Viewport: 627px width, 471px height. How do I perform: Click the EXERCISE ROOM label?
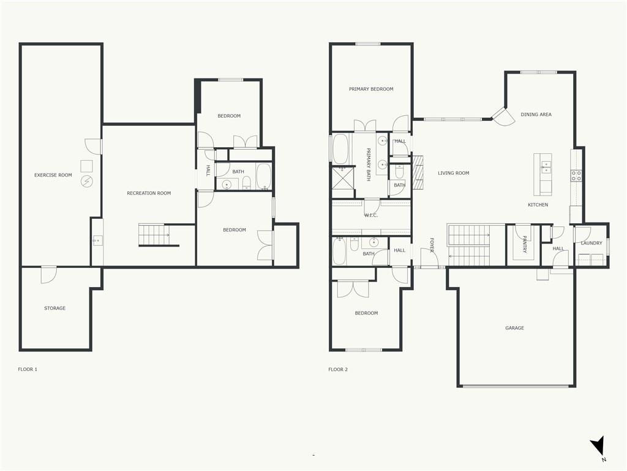tap(53, 175)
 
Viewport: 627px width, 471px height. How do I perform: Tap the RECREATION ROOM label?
tap(149, 193)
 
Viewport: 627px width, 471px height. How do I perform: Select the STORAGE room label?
tap(54, 308)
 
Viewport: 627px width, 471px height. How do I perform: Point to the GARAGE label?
tap(514, 327)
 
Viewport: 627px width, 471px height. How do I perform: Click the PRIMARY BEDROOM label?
tap(371, 89)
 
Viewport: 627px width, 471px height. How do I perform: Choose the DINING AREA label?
tap(536, 114)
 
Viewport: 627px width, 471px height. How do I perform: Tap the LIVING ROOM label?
tap(454, 173)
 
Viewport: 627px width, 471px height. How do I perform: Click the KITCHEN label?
tap(538, 205)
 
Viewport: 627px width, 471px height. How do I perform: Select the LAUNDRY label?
tap(591, 243)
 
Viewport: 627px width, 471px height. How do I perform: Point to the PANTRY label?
tap(525, 244)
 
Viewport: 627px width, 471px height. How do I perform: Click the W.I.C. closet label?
tap(371, 215)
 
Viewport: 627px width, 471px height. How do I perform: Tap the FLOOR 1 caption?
tap(28, 369)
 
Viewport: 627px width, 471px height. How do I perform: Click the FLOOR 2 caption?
tap(338, 369)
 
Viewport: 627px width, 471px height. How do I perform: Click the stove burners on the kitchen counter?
tap(576, 175)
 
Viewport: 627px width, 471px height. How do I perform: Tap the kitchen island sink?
tap(546, 167)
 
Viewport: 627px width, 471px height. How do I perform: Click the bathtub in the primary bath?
tap(340, 148)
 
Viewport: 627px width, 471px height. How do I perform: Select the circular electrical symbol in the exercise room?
tap(86, 182)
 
